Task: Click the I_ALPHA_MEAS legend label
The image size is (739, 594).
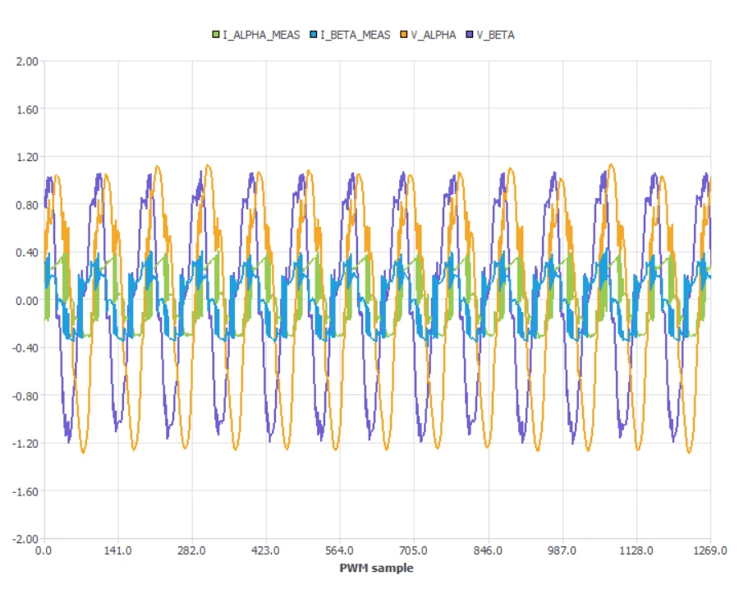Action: click(x=261, y=35)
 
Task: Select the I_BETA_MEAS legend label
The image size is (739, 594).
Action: click(x=356, y=35)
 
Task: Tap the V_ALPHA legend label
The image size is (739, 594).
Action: click(x=434, y=35)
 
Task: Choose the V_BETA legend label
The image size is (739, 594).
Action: click(x=495, y=35)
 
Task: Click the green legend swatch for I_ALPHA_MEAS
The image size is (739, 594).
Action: click(x=216, y=35)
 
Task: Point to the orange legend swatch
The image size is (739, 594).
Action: click(x=404, y=35)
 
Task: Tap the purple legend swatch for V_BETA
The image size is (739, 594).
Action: click(x=470, y=35)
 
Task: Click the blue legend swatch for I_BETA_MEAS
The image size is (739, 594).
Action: click(x=314, y=35)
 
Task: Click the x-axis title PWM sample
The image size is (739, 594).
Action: click(x=377, y=568)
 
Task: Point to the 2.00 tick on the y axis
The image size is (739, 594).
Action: click(x=27, y=62)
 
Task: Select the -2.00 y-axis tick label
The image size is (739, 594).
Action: click(x=25, y=539)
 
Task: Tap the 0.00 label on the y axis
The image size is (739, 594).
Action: click(x=27, y=301)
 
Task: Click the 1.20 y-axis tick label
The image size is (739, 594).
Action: click(x=27, y=157)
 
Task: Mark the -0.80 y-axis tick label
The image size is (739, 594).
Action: click(x=25, y=396)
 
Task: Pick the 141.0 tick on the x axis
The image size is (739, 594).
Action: click(x=117, y=550)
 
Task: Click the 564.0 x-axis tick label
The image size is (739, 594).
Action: click(x=339, y=550)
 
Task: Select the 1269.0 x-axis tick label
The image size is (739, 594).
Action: click(x=710, y=550)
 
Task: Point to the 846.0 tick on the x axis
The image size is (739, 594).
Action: click(x=488, y=550)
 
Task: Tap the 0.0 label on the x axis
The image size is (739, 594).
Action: click(x=44, y=550)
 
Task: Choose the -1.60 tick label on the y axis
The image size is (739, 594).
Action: click(x=25, y=491)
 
